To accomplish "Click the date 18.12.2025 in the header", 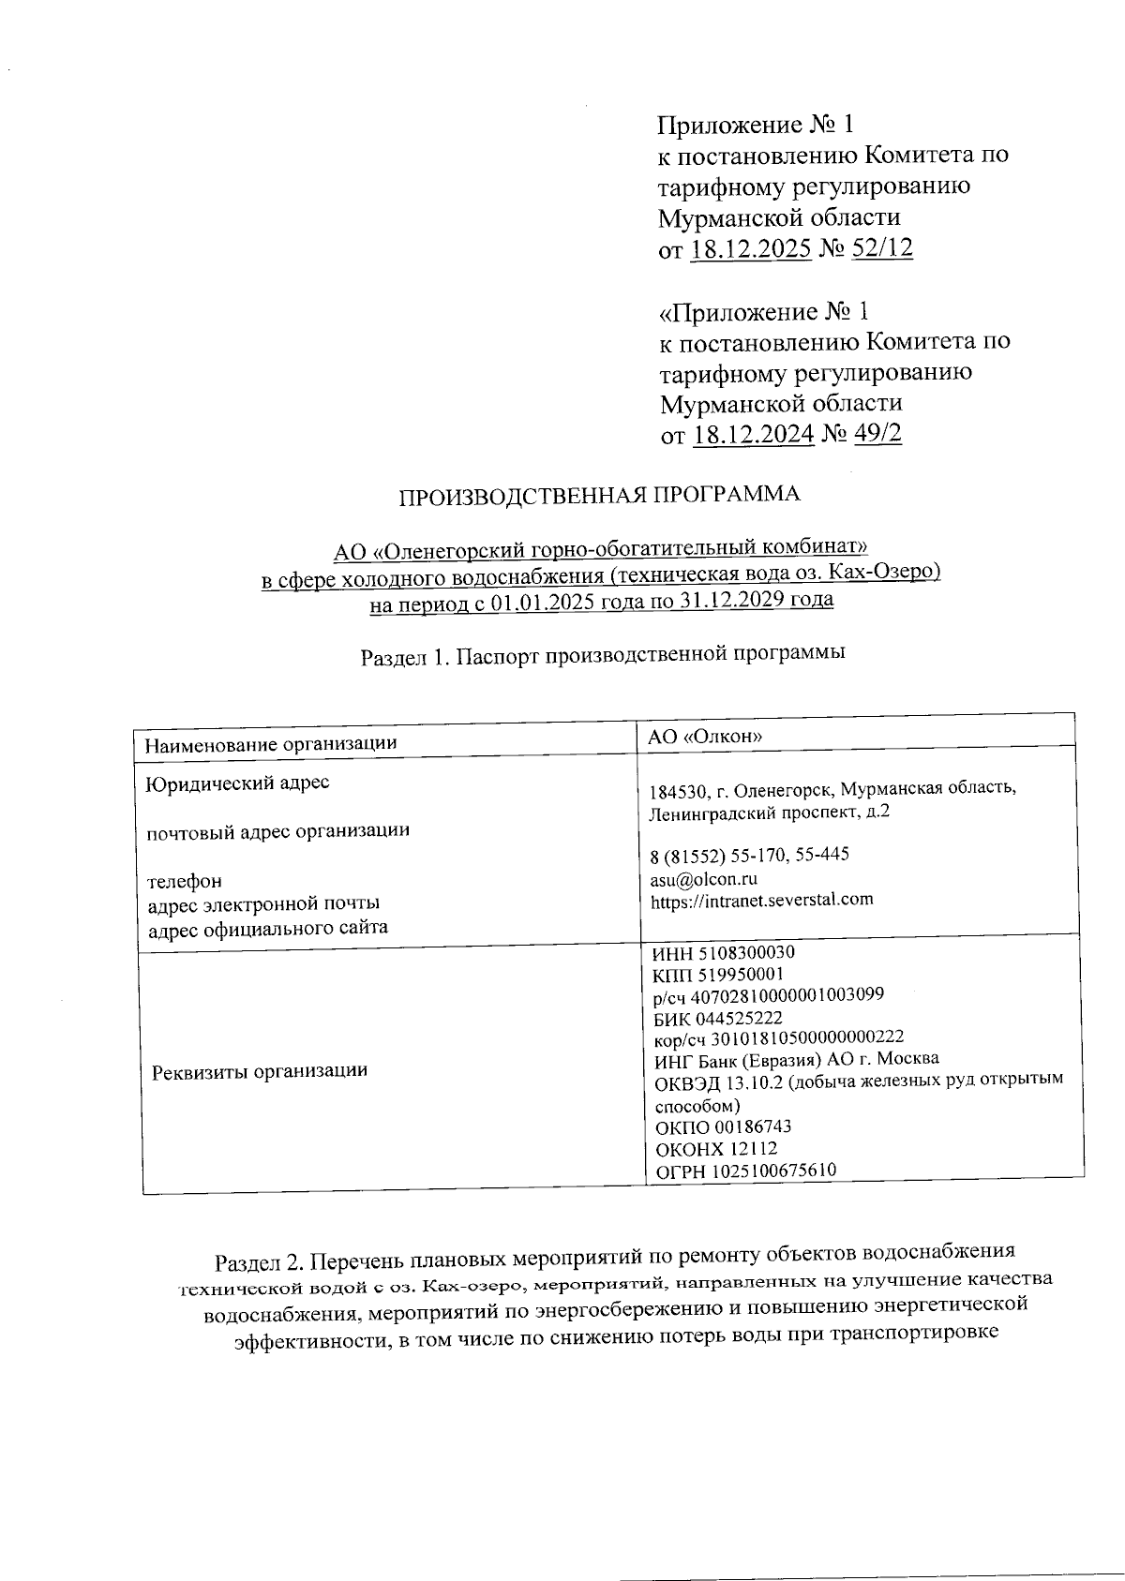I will pos(751,248).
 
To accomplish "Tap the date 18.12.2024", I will pos(753,435).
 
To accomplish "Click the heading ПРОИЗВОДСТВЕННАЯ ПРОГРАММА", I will pos(601,496).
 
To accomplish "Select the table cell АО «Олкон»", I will pos(705,737).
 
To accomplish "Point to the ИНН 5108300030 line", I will pos(724,953).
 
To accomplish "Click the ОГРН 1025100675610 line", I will pos(746,1171).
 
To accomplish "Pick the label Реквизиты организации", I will pos(260,1070).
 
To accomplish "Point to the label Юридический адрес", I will pos(238,782).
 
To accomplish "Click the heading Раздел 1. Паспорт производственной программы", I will pos(603,655).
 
